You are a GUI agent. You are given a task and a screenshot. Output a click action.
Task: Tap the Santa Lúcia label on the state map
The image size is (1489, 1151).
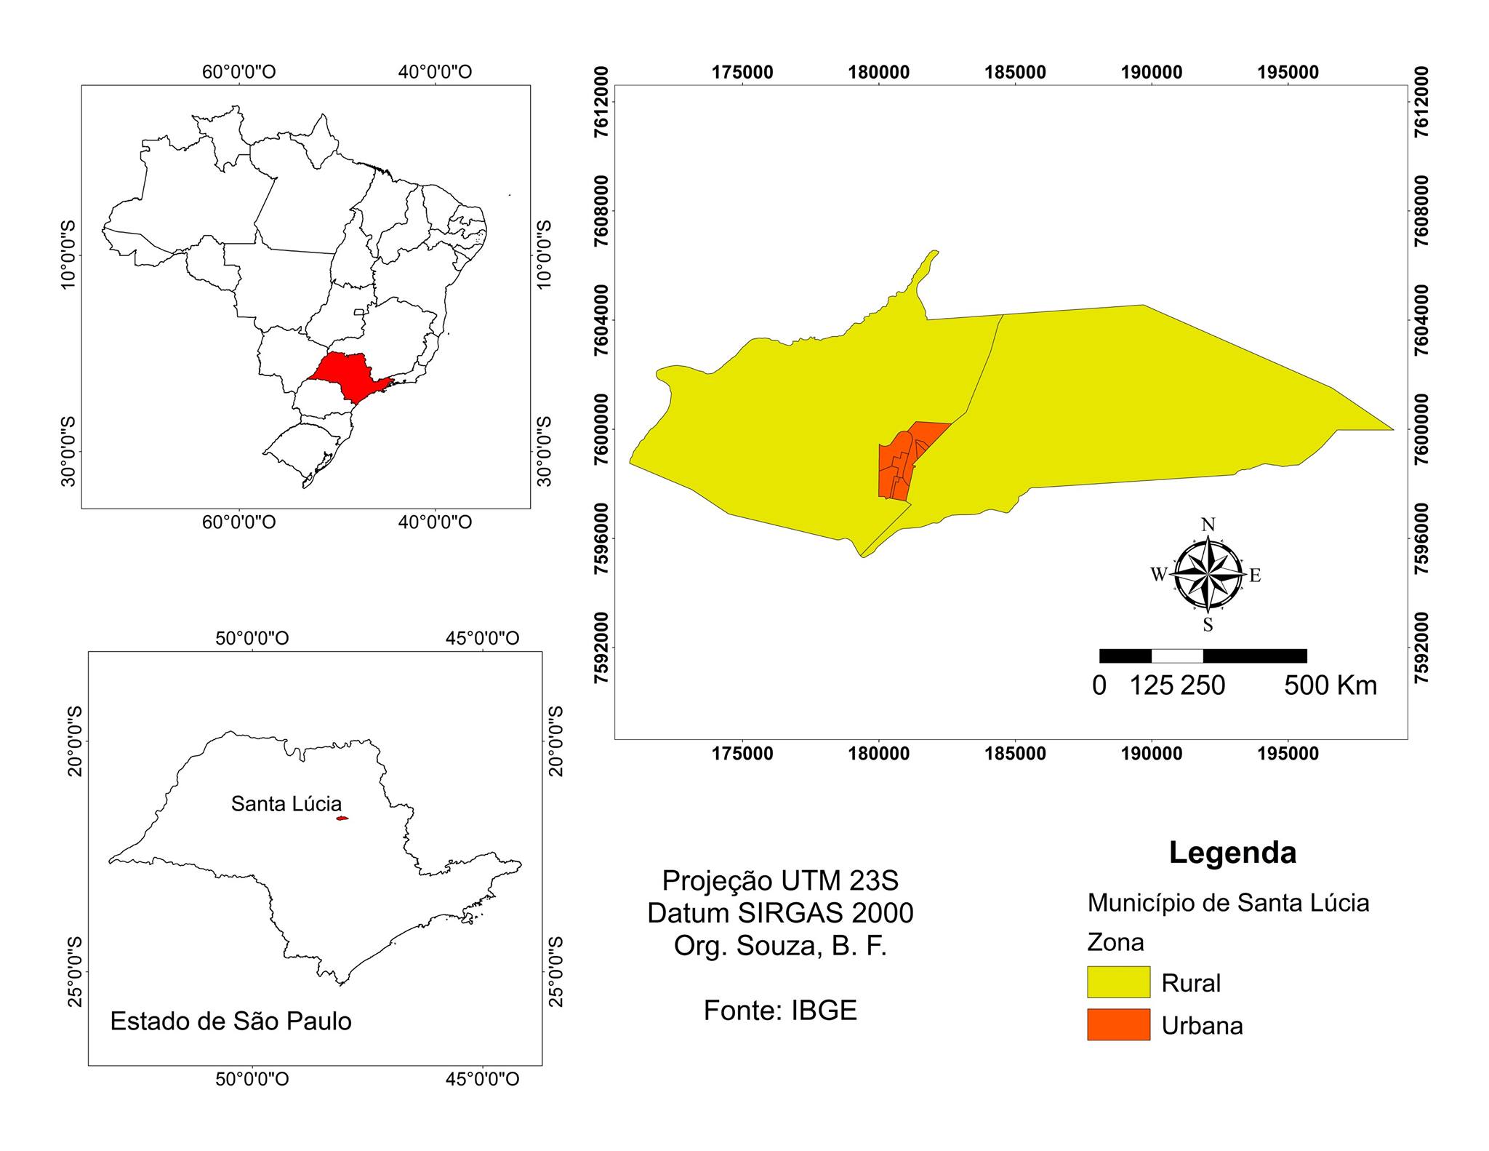(x=286, y=804)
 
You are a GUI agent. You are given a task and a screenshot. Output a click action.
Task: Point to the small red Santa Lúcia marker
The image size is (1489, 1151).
(x=342, y=819)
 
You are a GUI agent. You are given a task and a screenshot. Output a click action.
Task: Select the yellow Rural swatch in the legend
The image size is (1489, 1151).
(x=1118, y=982)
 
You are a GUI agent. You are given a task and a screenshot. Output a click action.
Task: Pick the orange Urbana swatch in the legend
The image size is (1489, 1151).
(x=1118, y=1024)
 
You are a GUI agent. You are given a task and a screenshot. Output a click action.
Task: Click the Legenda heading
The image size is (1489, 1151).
(x=1232, y=852)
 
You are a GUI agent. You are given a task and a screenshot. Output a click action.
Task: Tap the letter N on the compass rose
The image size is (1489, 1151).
(x=1208, y=525)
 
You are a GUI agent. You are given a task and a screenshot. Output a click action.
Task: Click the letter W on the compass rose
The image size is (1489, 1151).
(x=1158, y=575)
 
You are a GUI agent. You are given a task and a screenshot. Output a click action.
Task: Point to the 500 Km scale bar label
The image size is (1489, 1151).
(x=1330, y=686)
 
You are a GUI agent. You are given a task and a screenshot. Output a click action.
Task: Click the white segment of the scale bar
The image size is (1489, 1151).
(x=1177, y=656)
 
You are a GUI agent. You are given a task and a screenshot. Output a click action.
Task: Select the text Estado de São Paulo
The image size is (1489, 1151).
(x=230, y=1021)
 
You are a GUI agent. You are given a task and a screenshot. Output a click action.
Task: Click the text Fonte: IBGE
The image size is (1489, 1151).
(x=780, y=1011)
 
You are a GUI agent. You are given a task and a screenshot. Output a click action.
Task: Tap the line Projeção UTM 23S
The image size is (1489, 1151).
(x=780, y=881)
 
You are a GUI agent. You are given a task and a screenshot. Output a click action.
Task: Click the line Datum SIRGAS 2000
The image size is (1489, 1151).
(x=780, y=913)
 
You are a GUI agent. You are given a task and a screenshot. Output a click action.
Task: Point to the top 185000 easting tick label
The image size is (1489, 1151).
(x=1015, y=73)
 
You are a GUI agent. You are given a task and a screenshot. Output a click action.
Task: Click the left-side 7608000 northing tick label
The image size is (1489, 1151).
(x=603, y=211)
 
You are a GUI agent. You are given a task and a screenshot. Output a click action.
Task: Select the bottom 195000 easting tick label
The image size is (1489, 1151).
(x=1288, y=754)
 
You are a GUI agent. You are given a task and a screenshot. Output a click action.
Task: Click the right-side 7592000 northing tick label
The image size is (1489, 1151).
(x=1421, y=648)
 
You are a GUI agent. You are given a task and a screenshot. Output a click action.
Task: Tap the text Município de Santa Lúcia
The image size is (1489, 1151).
(x=1228, y=903)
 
